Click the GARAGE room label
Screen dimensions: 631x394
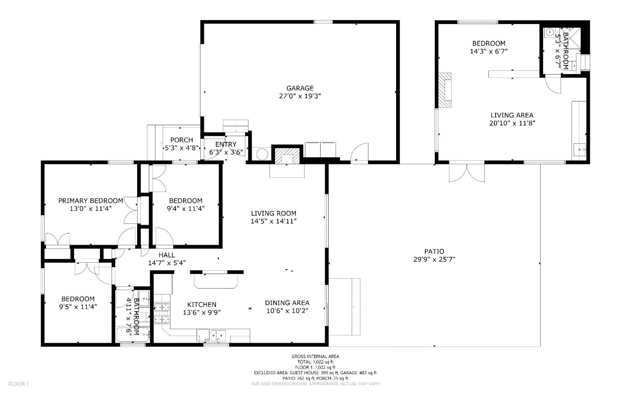click(x=300, y=88)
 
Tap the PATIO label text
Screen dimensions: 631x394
click(x=434, y=252)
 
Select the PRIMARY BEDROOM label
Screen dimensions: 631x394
click(x=91, y=201)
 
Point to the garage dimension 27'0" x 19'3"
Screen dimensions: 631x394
click(x=300, y=96)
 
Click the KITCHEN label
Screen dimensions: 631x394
click(x=202, y=305)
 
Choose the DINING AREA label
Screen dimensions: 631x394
click(x=287, y=303)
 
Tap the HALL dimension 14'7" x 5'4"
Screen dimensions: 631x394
click(x=167, y=263)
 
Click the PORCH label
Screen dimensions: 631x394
click(x=182, y=140)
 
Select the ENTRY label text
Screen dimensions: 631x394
click(x=226, y=145)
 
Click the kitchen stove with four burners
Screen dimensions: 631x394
click(x=162, y=313)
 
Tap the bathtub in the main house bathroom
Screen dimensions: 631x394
click(x=133, y=335)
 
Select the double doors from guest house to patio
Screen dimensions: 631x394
click(x=467, y=173)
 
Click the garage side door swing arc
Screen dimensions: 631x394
click(x=359, y=153)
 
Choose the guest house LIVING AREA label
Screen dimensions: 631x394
click(x=512, y=115)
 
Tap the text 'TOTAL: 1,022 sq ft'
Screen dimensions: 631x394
click(x=315, y=362)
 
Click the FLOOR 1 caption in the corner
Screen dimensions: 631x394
click(x=18, y=384)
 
